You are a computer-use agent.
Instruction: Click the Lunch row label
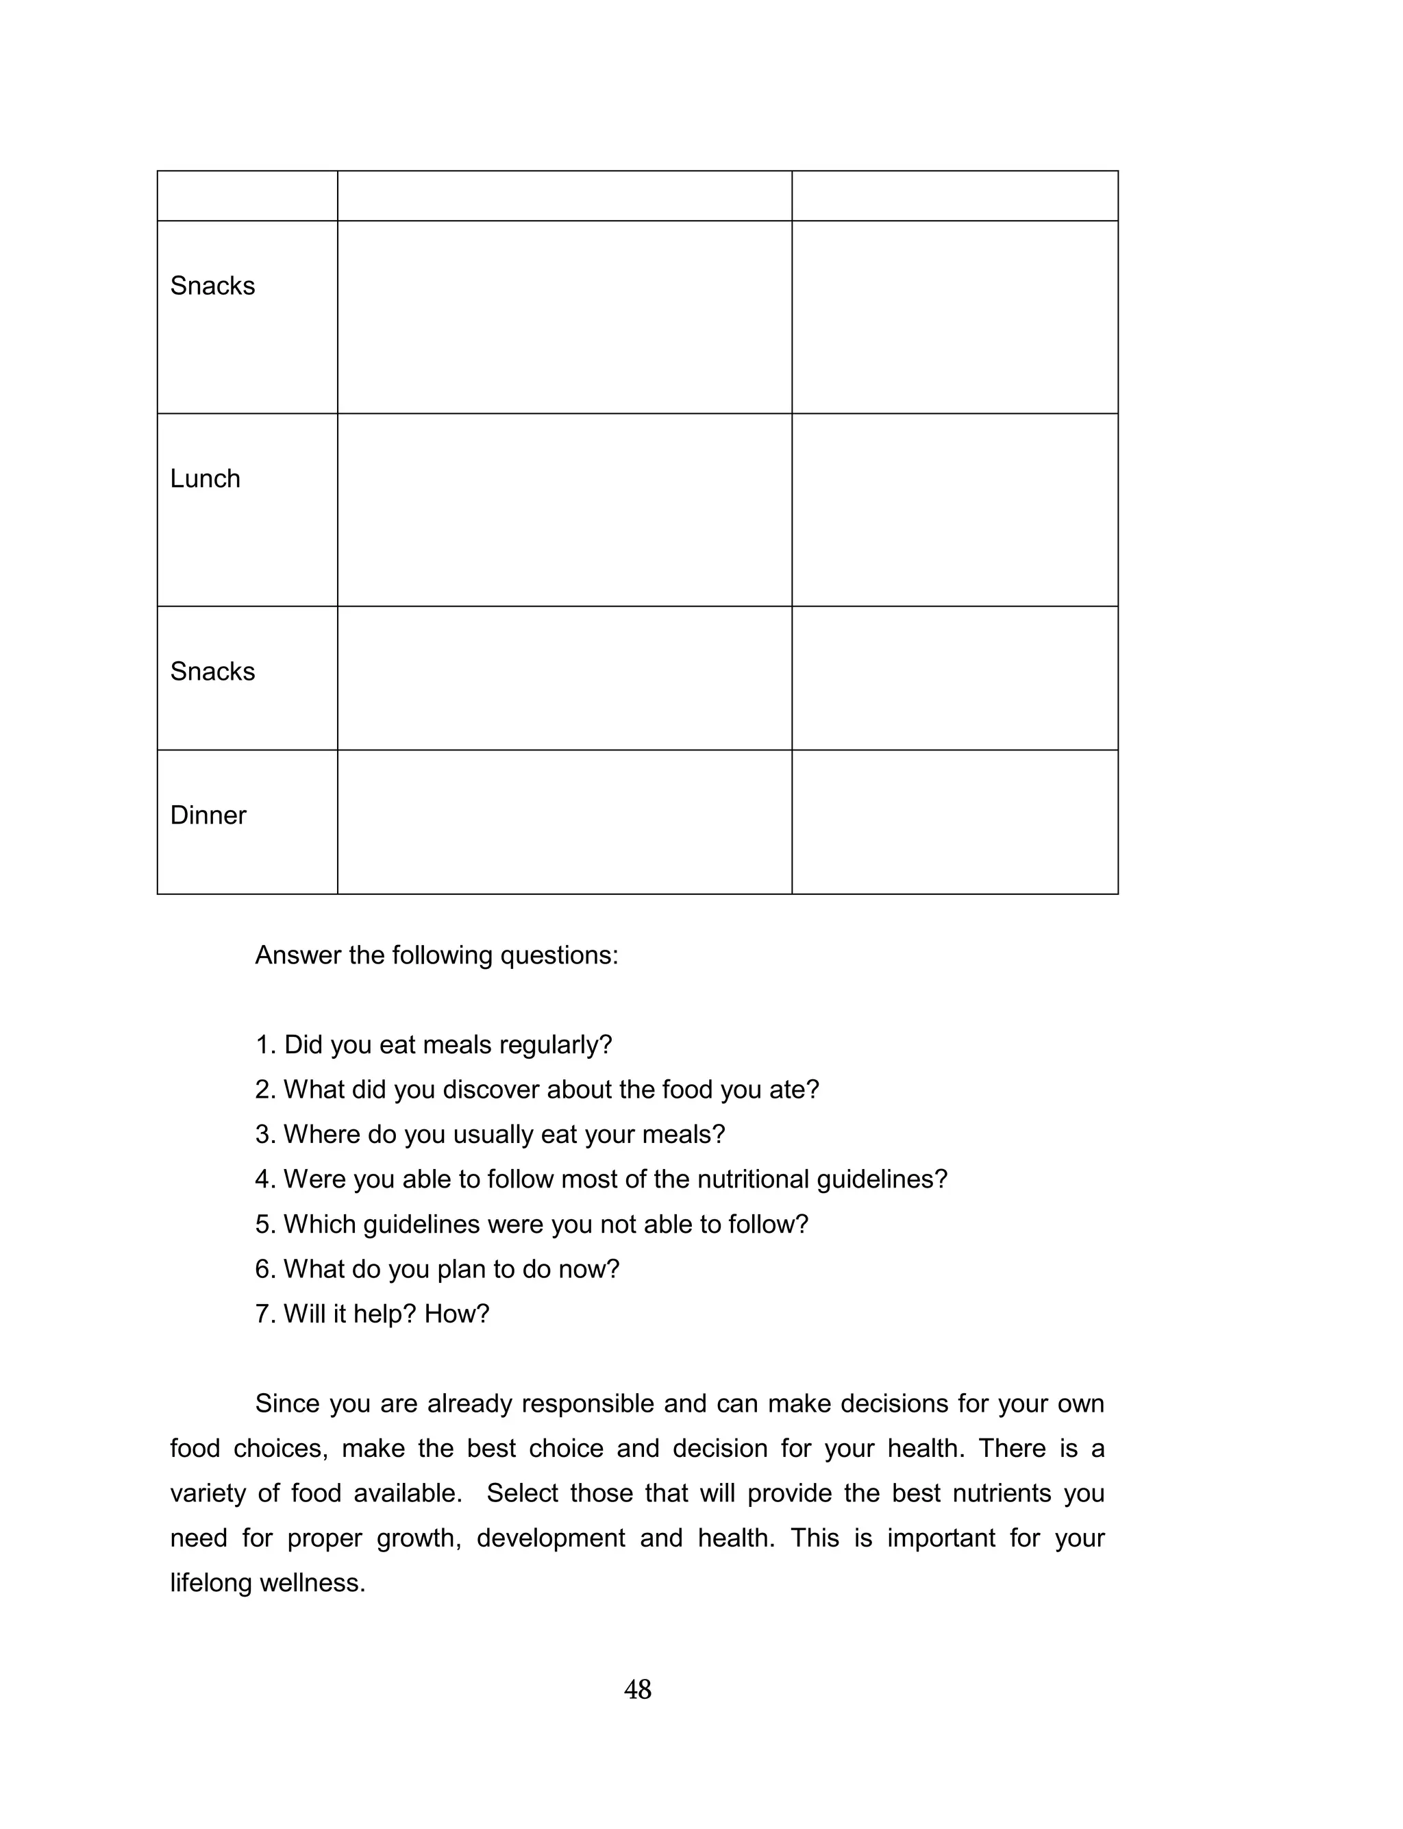pos(205,478)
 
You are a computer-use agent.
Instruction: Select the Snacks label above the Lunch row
pos(212,286)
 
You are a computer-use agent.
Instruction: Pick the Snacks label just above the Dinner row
pos(212,672)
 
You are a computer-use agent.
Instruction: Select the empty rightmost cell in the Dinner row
pos(954,822)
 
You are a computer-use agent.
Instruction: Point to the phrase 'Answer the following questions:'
pos(436,955)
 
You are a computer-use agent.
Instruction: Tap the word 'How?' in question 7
pos(456,1314)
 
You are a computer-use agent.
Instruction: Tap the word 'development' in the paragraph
pos(550,1538)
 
